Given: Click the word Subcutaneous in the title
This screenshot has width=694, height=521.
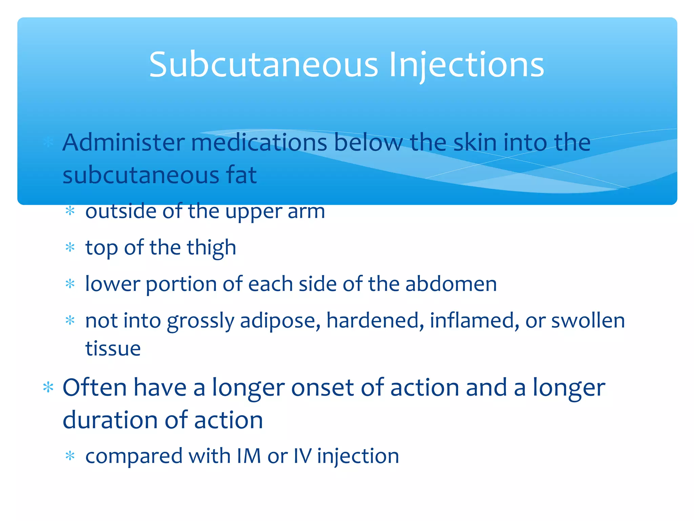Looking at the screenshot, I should pos(264,64).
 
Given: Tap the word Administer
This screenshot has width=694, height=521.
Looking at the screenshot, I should pos(124,142).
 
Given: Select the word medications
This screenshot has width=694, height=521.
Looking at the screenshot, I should pos(259,142).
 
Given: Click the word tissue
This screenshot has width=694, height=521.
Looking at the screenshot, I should pos(113,348).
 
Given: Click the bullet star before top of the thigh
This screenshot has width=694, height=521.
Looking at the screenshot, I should pos(70,247).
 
